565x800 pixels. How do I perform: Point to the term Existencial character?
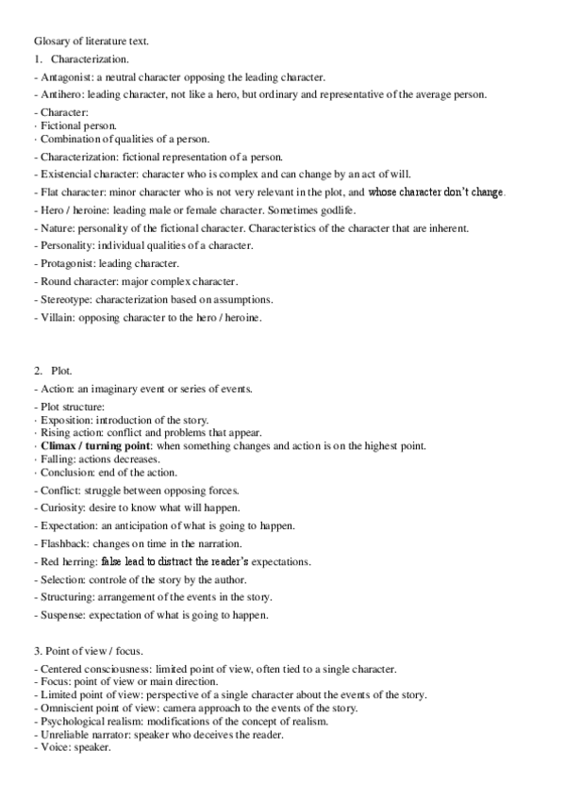[x=88, y=175]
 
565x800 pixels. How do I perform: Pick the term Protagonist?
[x=68, y=263]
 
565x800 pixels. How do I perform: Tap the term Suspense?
[x=64, y=615]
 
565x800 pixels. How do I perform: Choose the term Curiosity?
[x=62, y=508]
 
